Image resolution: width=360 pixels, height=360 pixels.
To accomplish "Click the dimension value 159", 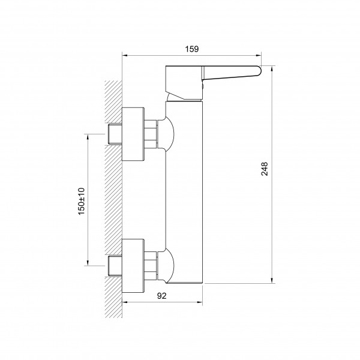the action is [x=192, y=49].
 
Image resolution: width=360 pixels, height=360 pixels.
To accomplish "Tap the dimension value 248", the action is [x=265, y=169].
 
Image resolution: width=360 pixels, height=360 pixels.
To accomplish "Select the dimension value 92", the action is [x=162, y=296].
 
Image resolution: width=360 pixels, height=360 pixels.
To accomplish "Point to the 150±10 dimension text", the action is [x=82, y=202].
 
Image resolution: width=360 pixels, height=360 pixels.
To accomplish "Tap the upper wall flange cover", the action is [x=133, y=134].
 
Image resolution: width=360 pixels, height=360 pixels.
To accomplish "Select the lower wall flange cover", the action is [x=133, y=266].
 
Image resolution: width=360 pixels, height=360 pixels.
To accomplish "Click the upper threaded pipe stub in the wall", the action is [x=115, y=134].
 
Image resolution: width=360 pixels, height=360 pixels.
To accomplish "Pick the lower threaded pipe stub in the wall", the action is [x=115, y=265].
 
